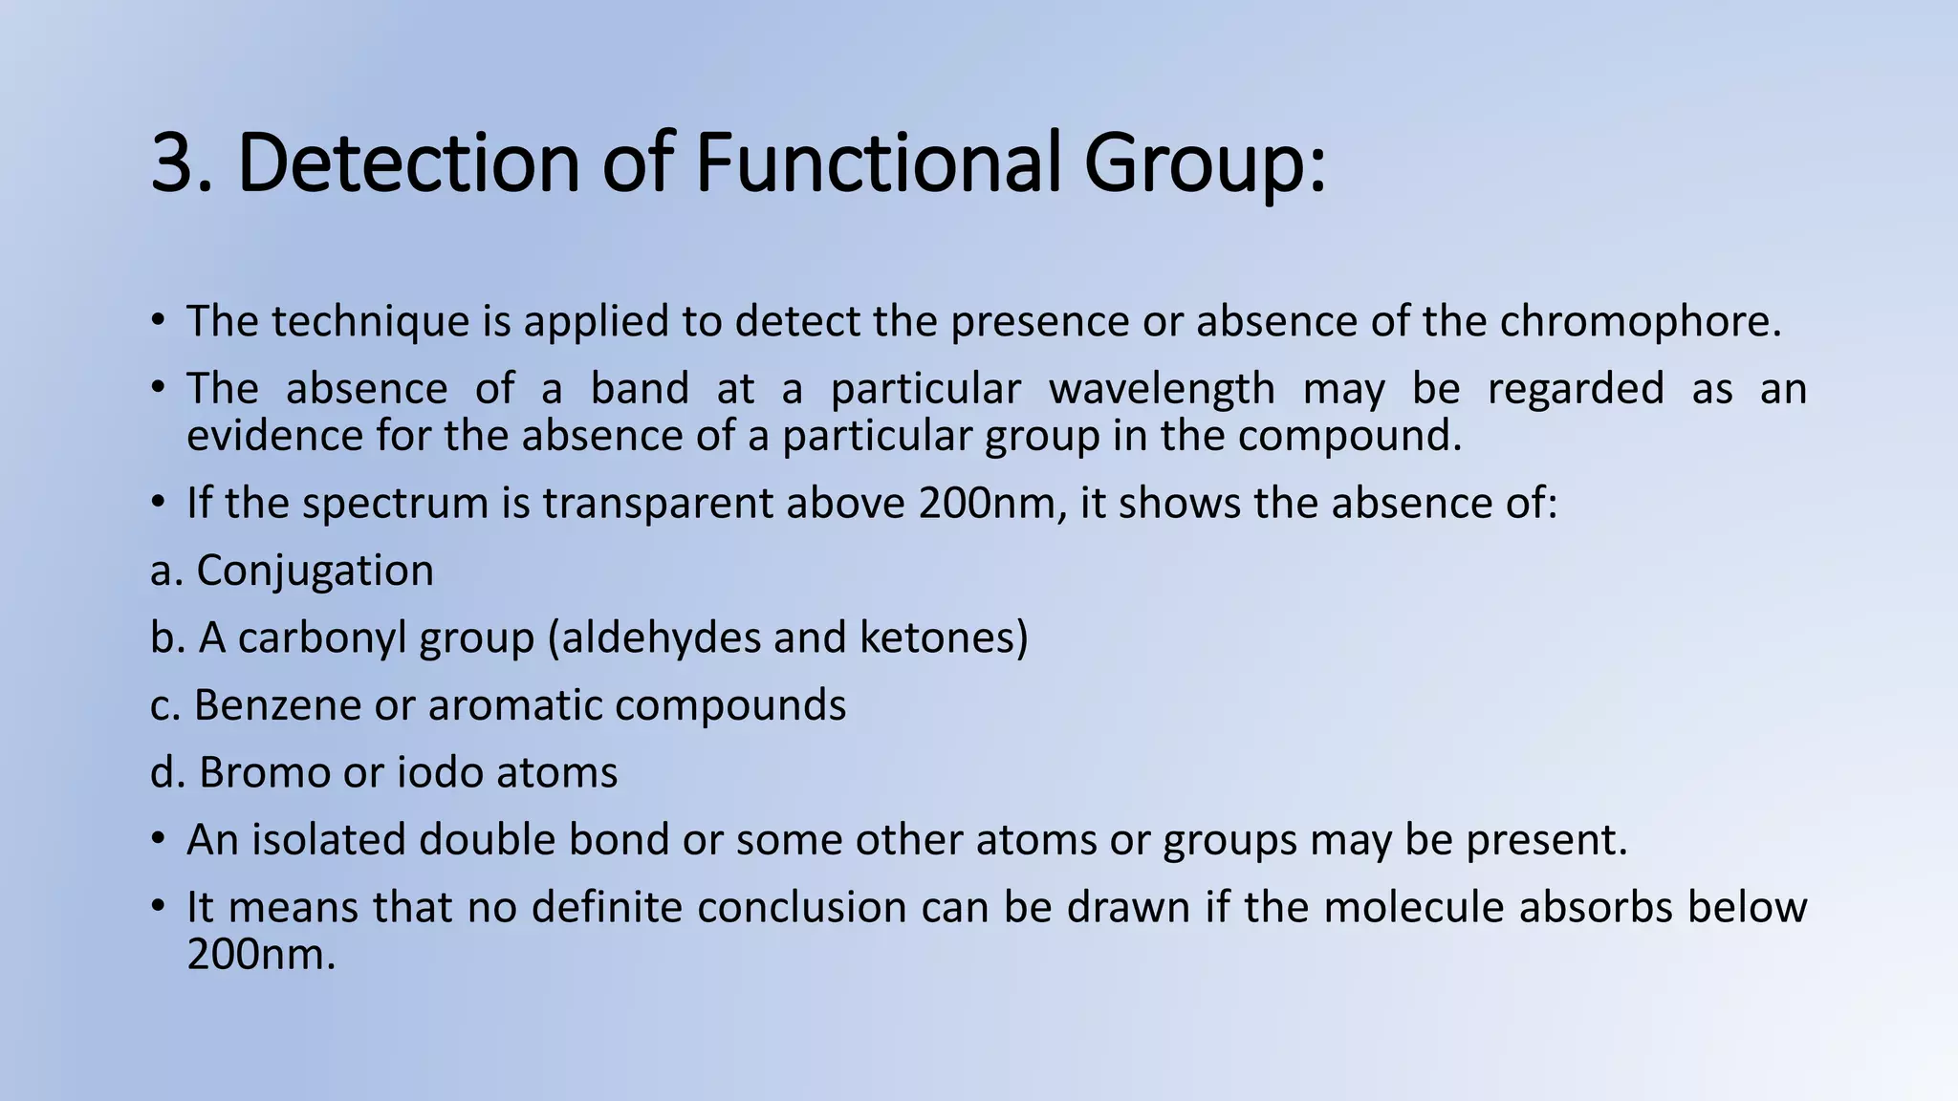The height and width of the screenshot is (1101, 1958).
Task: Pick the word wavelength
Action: coord(1162,389)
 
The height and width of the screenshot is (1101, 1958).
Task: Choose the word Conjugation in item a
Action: coord(315,571)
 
